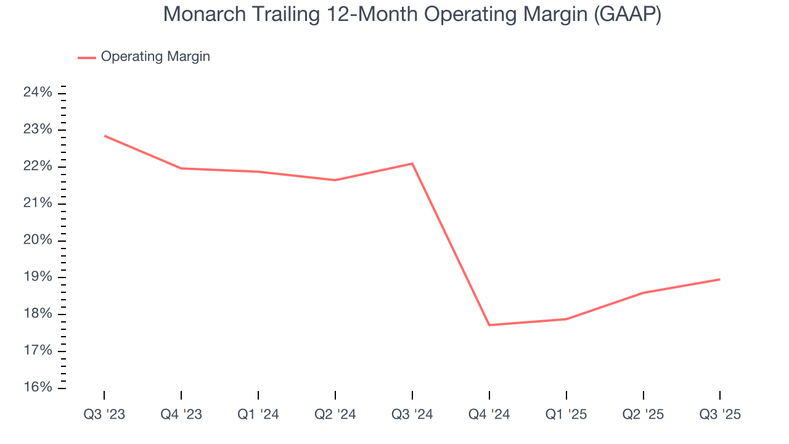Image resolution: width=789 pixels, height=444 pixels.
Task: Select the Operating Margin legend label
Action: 155,57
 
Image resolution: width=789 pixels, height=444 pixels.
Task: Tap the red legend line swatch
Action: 87,57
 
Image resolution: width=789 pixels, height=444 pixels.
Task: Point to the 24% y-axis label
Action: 38,92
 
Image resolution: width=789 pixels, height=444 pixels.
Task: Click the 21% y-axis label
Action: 38,203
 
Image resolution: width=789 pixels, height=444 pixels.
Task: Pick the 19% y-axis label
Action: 38,277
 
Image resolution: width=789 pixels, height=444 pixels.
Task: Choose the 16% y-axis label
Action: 38,388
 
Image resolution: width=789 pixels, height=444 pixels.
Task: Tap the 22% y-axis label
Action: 38,166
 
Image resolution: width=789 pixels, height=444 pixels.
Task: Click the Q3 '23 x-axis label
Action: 104,414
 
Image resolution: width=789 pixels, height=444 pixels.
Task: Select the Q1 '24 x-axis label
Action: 258,414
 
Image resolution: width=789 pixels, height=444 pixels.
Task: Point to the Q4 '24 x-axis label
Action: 489,414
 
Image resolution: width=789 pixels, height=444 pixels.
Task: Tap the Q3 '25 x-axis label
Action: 720,414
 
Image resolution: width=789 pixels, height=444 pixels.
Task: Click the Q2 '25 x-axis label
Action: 643,414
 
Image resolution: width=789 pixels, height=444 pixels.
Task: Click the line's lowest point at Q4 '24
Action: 489,325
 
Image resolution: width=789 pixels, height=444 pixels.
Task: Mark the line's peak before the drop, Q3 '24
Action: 412,163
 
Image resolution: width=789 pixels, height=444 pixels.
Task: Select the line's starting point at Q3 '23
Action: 104,136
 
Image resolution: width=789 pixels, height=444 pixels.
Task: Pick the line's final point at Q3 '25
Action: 720,279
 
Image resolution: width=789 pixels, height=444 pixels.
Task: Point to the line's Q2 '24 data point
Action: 335,180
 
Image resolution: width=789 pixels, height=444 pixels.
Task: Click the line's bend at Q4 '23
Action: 181,168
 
